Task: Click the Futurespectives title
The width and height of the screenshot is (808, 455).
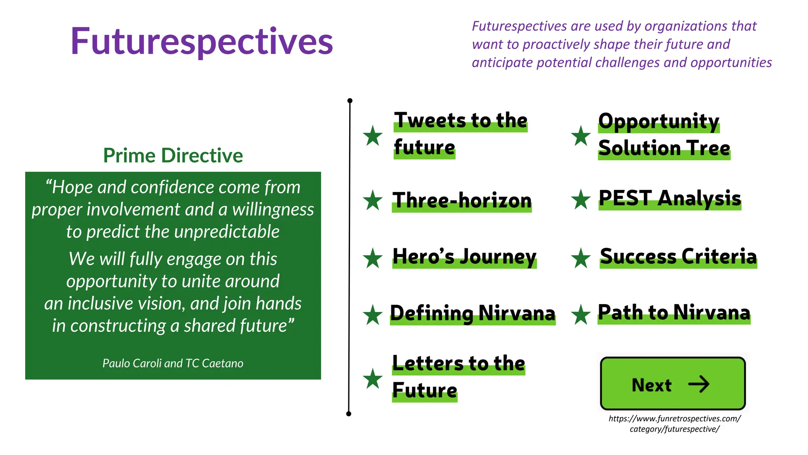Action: [202, 41]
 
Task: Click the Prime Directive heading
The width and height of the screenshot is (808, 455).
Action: [173, 155]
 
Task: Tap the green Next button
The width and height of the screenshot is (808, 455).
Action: [672, 384]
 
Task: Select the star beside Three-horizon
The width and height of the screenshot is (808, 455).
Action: [372, 200]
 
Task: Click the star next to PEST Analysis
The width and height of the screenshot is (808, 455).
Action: [581, 199]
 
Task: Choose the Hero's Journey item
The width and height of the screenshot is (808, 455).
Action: [464, 257]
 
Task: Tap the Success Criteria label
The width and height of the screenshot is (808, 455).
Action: [678, 257]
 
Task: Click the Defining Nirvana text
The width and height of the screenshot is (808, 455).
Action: [473, 313]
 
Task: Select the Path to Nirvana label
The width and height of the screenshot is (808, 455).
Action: [674, 312]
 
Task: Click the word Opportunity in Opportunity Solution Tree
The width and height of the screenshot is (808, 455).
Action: [658, 121]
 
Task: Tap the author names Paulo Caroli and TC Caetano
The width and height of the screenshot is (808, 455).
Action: [173, 363]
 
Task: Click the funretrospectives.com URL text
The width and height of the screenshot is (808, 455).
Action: [674, 423]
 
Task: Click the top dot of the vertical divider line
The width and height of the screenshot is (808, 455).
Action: [350, 101]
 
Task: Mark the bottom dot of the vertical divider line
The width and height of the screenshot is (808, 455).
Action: [348, 414]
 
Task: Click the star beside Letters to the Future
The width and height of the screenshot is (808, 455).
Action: [372, 379]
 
